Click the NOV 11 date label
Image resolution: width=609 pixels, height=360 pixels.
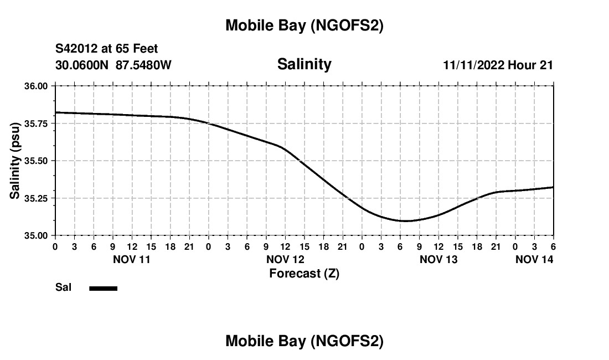(x=132, y=259)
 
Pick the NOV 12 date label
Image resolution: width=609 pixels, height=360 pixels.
(x=285, y=259)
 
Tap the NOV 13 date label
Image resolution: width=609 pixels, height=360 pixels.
(x=438, y=259)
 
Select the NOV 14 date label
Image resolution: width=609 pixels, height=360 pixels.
(x=534, y=259)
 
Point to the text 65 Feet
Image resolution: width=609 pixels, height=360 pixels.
(x=137, y=49)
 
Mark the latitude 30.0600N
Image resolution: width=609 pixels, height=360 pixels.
(x=82, y=65)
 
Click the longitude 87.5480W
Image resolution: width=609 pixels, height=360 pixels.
(x=143, y=65)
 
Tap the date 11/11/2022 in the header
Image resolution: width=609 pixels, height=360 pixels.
(x=474, y=65)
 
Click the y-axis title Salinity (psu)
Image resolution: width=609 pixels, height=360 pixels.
(x=15, y=161)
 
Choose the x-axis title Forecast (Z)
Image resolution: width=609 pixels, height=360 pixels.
(x=304, y=273)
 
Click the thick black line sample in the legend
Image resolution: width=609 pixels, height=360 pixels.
(x=103, y=288)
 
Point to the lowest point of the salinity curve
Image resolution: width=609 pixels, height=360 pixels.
(x=406, y=221)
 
